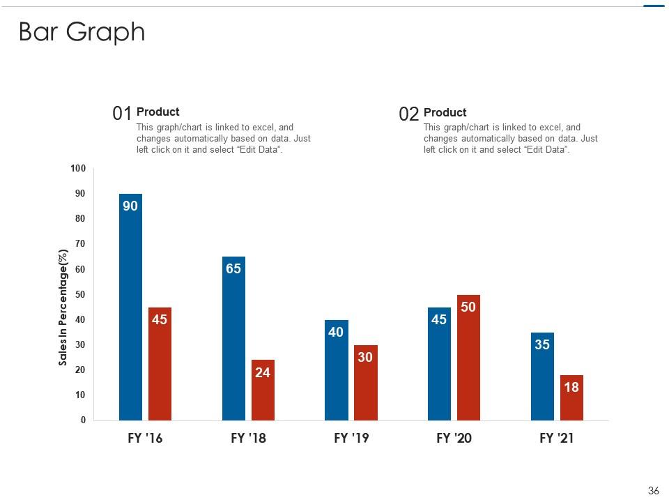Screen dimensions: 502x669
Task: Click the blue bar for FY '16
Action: click(x=130, y=307)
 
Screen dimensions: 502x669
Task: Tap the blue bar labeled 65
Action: click(x=233, y=338)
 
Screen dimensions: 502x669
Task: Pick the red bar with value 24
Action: click(x=263, y=390)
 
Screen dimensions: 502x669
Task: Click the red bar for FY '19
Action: click(x=365, y=383)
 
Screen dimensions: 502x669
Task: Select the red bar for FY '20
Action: click(x=468, y=358)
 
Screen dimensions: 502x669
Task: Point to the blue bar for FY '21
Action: click(x=542, y=376)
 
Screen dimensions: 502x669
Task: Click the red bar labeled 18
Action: click(x=571, y=398)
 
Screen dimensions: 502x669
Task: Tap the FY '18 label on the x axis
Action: click(x=248, y=439)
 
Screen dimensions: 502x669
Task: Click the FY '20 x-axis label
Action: click(x=454, y=439)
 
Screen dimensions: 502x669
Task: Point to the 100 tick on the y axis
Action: click(x=78, y=169)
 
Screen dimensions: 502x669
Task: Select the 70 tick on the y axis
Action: click(x=80, y=244)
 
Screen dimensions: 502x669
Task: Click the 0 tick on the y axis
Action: click(x=83, y=420)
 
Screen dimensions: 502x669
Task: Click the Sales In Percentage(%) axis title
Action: click(x=63, y=307)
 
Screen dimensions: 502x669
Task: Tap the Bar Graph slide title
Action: click(x=82, y=32)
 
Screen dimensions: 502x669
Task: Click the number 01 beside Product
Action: click(x=122, y=114)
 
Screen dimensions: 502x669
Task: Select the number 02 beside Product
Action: click(x=409, y=114)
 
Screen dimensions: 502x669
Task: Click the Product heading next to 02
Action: click(x=445, y=112)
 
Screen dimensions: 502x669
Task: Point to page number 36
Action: click(x=653, y=491)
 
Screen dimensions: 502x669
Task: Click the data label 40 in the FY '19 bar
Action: click(x=336, y=333)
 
